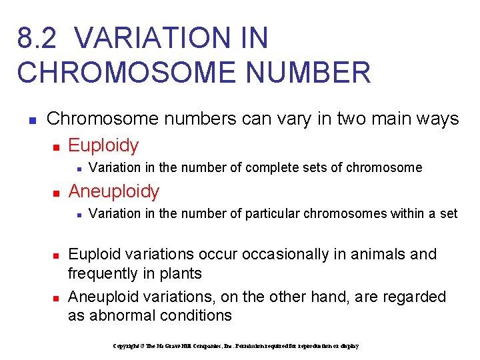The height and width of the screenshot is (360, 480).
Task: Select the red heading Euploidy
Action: [103, 145]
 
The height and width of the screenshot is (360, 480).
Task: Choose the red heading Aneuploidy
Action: [114, 191]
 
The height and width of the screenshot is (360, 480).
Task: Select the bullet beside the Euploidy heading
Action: [57, 146]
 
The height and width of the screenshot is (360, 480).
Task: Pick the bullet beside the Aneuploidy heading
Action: [57, 193]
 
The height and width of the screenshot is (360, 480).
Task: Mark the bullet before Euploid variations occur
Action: [57, 255]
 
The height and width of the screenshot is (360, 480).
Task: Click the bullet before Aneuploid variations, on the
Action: [57, 297]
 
